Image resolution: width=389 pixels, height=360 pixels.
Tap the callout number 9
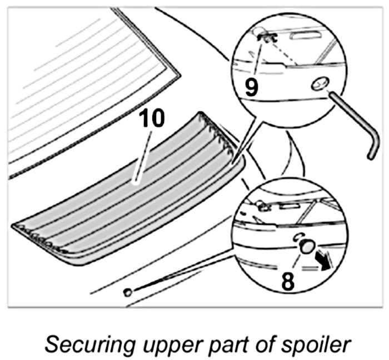tap(252, 87)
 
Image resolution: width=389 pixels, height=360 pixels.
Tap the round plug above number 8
tap(305, 246)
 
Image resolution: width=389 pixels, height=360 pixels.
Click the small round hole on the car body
tap(128, 291)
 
